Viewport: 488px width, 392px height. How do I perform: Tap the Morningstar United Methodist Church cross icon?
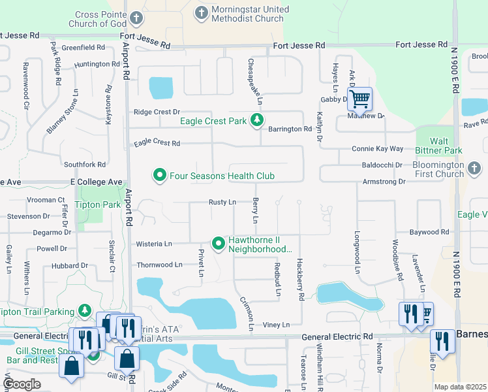202,12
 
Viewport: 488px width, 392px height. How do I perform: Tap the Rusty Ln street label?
222,203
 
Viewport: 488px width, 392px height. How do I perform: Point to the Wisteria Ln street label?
154,244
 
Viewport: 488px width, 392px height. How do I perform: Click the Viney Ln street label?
276,325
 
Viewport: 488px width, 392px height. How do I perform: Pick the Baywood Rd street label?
429,232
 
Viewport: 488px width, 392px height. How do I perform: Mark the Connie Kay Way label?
378,149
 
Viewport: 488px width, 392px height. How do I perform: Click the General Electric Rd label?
337,336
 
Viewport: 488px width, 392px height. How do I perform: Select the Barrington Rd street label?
290,129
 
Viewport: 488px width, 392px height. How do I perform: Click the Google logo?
22,384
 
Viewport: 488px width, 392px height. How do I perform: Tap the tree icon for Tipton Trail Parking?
84,310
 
